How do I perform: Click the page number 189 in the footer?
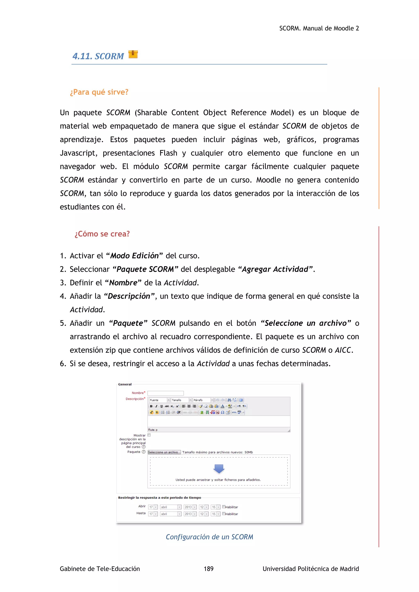click(208, 569)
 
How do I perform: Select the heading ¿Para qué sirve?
click(99, 92)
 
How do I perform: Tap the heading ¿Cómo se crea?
click(102, 234)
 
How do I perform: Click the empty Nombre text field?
click(165, 393)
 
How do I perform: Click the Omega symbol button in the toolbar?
click(222, 412)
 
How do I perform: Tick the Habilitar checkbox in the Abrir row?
click(224, 507)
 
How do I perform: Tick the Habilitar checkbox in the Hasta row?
click(224, 514)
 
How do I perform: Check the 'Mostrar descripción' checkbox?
click(149, 435)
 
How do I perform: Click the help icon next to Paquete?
click(144, 452)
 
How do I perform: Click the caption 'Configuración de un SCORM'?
click(209, 537)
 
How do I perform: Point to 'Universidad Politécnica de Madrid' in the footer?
click(311, 569)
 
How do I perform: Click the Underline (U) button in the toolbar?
click(161, 406)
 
